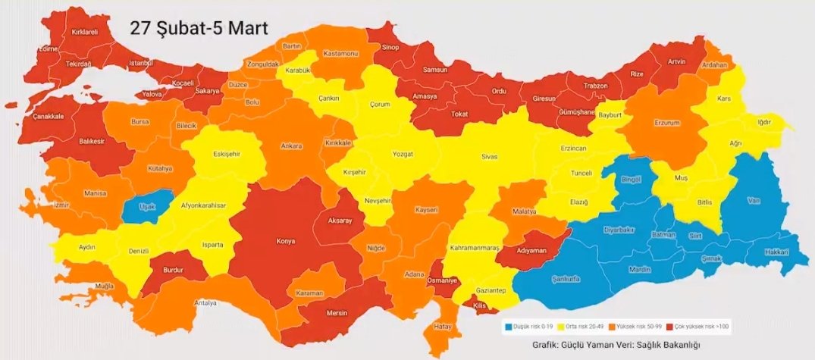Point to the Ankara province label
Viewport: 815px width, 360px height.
(x=292, y=146)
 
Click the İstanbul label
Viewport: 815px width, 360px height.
(x=142, y=62)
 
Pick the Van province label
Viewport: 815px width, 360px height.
(x=753, y=201)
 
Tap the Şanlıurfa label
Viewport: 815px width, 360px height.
(x=566, y=278)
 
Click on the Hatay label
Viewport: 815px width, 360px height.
(x=442, y=327)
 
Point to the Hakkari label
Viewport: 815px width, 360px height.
(x=776, y=252)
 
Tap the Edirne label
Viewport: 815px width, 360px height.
(x=48, y=49)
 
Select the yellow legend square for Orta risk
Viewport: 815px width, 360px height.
(x=561, y=327)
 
